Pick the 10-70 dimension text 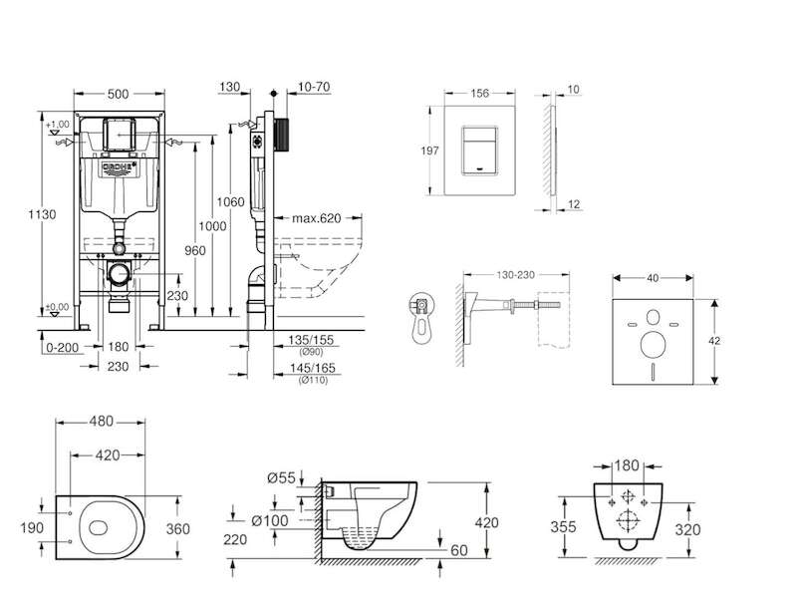[315, 88]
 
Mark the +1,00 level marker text [58, 123]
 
